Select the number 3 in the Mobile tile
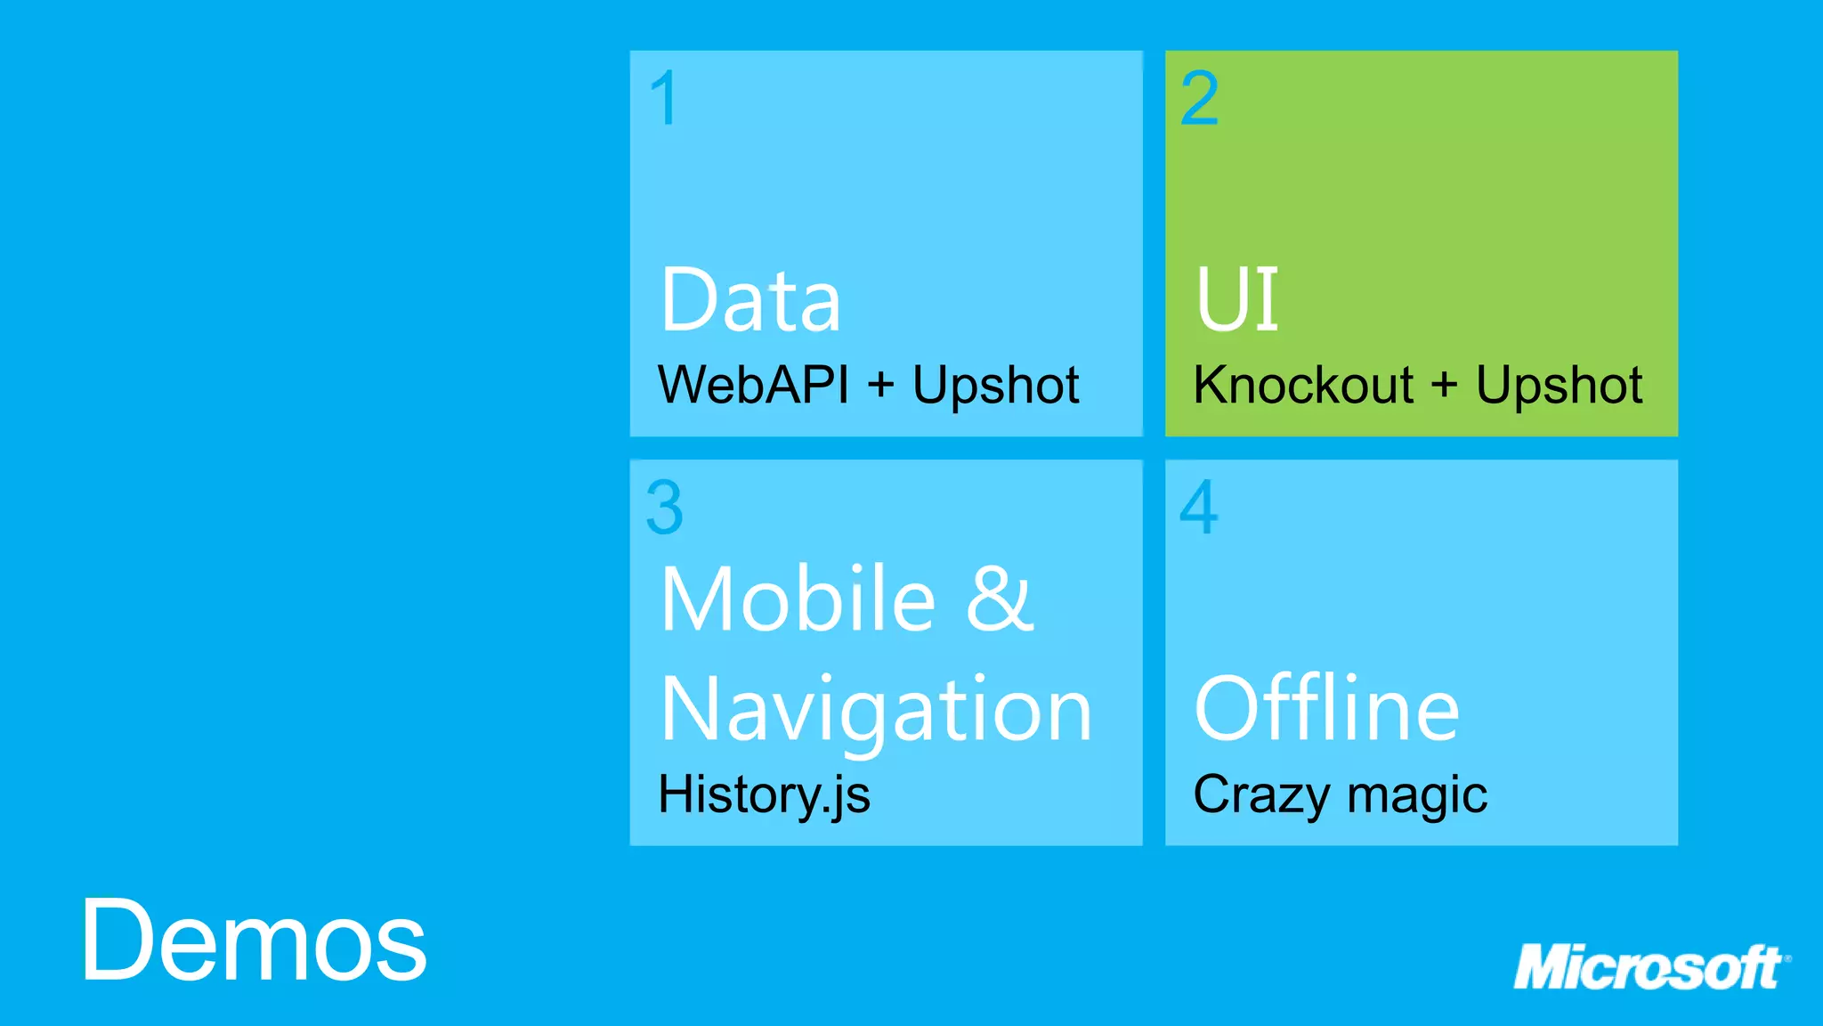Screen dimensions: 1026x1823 (x=665, y=508)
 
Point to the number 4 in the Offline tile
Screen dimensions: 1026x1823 (x=1199, y=508)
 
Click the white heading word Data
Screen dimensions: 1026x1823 (x=750, y=300)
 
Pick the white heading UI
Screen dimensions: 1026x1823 (x=1236, y=300)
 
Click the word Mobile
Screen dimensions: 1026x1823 (x=798, y=598)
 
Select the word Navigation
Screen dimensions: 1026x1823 (x=876, y=710)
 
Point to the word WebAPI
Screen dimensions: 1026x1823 (x=753, y=386)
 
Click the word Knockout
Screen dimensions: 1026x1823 (x=1303, y=386)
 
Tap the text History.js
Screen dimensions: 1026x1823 (x=764, y=794)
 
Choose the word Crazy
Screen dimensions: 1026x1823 (x=1261, y=794)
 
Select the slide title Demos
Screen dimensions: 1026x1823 (x=255, y=940)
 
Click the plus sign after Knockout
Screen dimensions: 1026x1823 (x=1444, y=386)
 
